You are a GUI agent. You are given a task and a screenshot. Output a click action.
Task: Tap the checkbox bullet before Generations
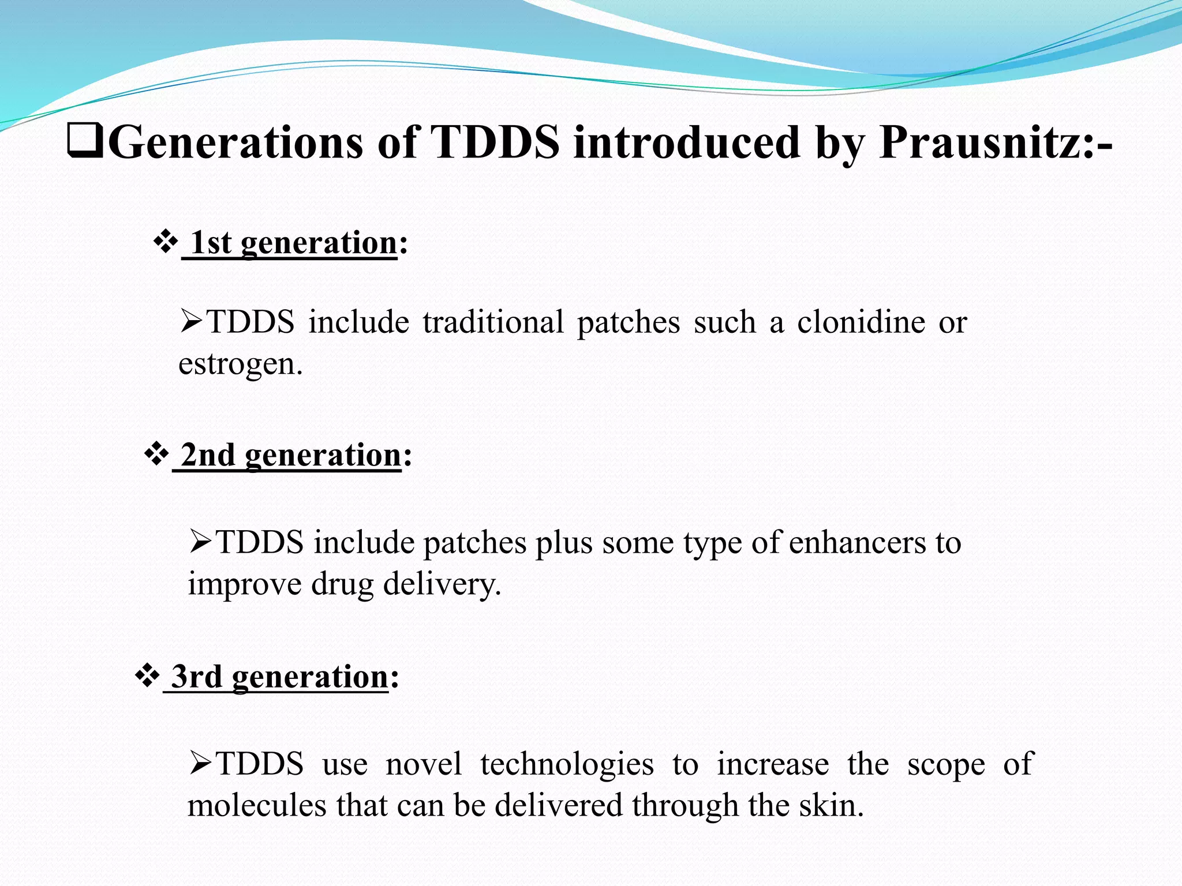coord(85,142)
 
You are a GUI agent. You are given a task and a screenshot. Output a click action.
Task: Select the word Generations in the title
coord(235,142)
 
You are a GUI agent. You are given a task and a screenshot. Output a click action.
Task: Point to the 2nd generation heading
coord(291,456)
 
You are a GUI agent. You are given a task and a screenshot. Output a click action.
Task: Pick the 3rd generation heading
coord(280,677)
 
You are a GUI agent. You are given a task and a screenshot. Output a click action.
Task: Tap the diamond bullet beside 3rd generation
coord(147,675)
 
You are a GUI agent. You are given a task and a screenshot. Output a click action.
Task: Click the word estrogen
coord(240,364)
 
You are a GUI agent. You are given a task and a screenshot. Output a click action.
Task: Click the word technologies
coord(567,764)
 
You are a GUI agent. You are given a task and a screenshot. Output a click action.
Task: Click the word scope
coord(946,765)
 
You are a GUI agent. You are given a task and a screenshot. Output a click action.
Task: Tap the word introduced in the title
coord(686,142)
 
